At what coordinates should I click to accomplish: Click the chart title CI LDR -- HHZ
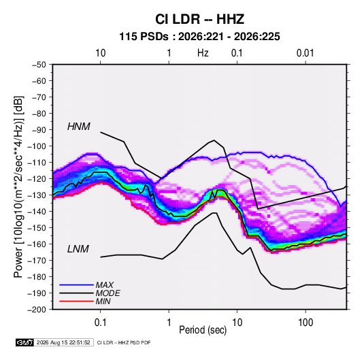coord(199,19)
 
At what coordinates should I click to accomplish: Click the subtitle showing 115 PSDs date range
coord(199,37)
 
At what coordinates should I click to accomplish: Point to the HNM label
coord(79,127)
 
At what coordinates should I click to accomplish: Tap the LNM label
coord(78,249)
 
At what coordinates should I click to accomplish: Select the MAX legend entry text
coord(105,285)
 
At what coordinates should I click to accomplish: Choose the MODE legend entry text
coord(107,293)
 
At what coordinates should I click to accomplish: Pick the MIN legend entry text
coord(103,301)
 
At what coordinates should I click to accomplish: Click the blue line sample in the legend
coord(76,285)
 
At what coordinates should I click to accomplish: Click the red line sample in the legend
coord(76,301)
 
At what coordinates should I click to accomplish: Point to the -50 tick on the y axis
coord(39,65)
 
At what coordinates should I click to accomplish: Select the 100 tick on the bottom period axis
coord(305,322)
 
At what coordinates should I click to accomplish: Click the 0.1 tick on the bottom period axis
coord(100,322)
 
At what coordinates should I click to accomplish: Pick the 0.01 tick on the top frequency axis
coord(305,53)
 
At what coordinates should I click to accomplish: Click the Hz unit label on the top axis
coord(203,53)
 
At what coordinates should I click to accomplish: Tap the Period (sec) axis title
coord(203,330)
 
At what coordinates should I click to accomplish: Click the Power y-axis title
coord(19,186)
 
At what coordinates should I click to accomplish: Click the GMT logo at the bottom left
coord(25,342)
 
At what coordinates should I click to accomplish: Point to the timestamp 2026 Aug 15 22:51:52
coord(63,342)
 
